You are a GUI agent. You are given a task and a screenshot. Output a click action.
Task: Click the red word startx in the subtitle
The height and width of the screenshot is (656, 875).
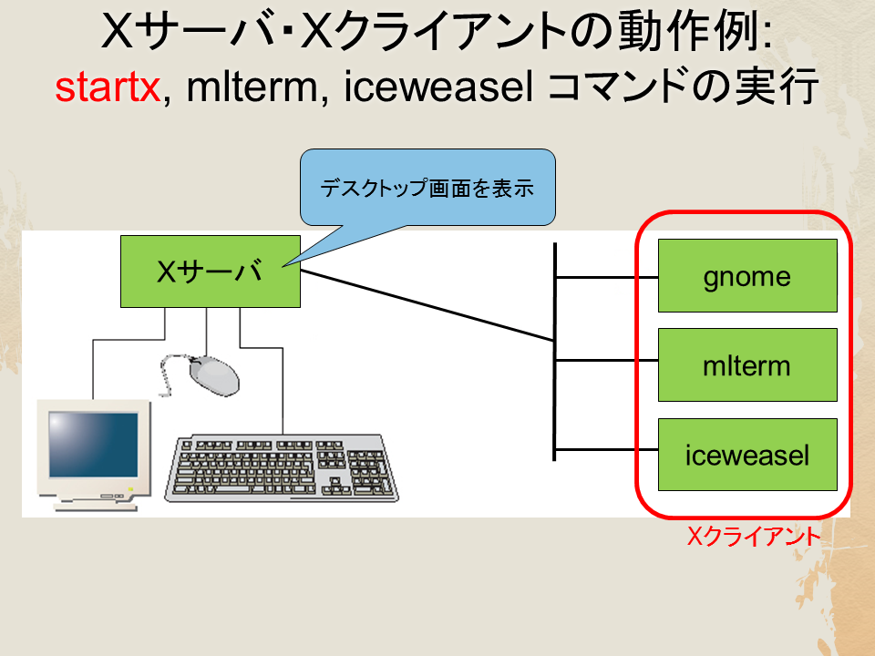tap(108, 88)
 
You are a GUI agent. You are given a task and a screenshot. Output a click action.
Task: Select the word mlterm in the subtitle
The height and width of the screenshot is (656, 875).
tap(252, 87)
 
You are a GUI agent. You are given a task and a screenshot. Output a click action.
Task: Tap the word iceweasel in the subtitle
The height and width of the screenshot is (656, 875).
tap(438, 87)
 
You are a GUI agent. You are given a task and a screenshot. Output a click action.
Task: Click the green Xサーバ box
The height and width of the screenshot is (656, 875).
tap(211, 272)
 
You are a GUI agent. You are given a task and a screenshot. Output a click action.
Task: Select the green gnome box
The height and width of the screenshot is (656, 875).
tap(747, 275)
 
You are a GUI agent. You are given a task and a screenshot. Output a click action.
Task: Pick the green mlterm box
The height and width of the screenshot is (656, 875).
tap(747, 364)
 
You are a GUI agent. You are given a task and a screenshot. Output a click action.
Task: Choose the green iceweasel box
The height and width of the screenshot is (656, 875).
tap(747, 455)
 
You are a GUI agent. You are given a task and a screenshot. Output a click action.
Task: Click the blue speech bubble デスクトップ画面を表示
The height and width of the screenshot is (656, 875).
tap(427, 188)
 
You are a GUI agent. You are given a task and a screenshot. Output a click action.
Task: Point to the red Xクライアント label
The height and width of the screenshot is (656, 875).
tap(754, 537)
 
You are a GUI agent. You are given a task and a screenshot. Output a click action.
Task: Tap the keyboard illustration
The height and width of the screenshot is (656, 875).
tap(282, 468)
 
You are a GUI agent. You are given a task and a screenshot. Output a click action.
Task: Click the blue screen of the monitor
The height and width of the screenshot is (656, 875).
tap(93, 445)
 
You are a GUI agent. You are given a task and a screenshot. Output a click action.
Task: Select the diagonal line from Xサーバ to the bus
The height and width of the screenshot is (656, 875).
tap(427, 306)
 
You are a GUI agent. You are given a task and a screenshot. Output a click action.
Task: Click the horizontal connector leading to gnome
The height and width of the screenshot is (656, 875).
tap(607, 277)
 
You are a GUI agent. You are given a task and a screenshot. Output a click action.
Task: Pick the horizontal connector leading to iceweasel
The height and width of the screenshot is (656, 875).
tap(607, 449)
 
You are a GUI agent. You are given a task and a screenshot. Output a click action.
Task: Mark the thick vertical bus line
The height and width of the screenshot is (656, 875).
tap(555, 352)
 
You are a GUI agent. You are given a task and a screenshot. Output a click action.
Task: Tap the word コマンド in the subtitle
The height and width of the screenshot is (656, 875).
tap(607, 87)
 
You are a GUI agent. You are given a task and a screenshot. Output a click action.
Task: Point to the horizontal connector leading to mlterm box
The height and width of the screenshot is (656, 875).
tap(607, 361)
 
